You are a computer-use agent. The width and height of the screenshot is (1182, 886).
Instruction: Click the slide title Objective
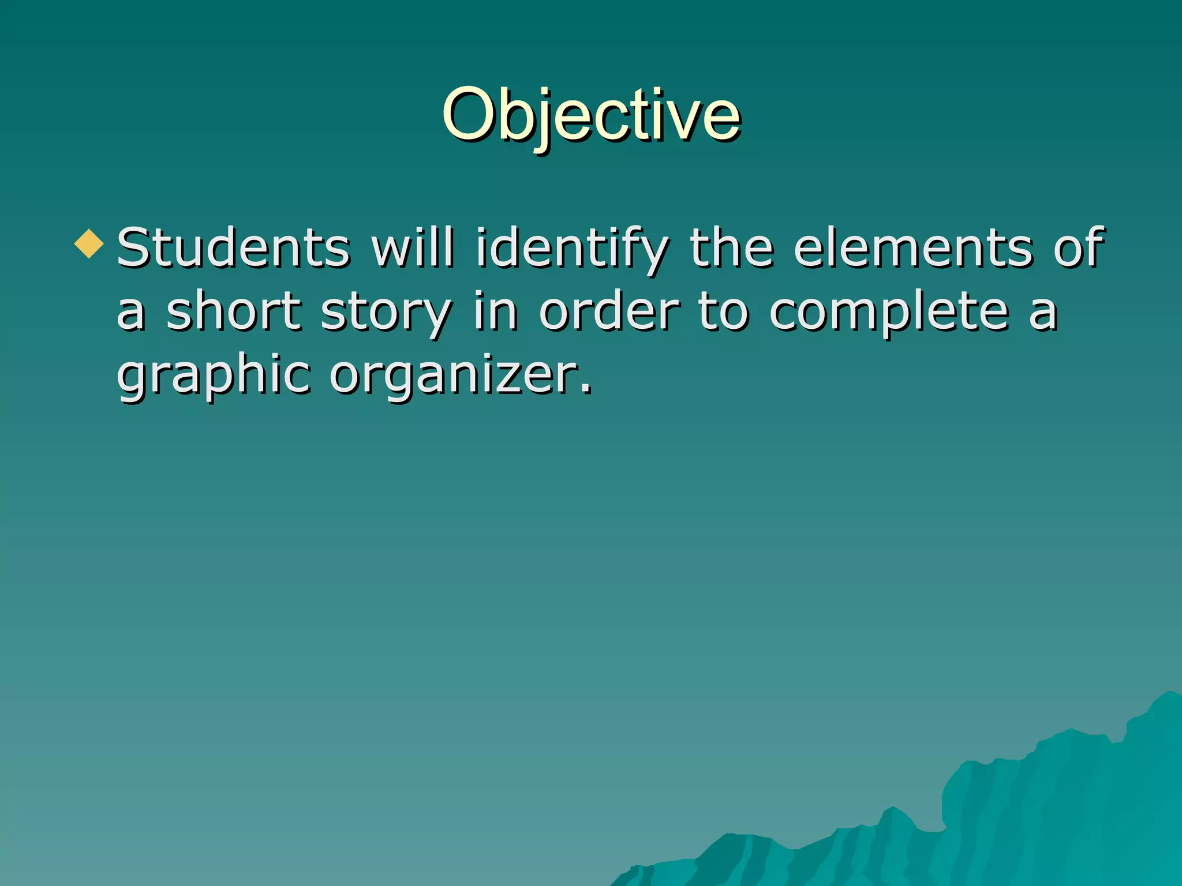[x=591, y=115]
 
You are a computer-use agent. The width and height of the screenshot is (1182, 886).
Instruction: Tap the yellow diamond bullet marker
[x=89, y=243]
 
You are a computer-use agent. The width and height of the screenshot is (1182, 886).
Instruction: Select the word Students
[x=233, y=248]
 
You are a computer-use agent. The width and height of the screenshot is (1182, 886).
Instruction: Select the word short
[x=233, y=311]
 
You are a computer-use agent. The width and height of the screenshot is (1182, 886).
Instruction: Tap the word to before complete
[x=724, y=311]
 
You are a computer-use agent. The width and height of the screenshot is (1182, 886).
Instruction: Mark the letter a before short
[x=130, y=315]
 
